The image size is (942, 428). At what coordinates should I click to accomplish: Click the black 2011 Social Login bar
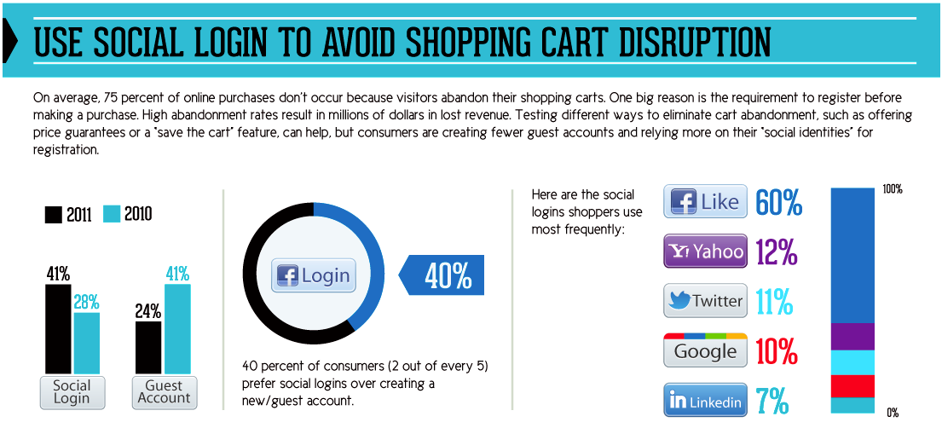[x=58, y=329]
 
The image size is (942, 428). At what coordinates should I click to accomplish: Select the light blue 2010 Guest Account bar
[x=177, y=329]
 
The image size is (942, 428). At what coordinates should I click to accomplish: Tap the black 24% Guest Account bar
[x=148, y=348]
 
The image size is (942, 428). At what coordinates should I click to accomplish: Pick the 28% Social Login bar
[x=86, y=344]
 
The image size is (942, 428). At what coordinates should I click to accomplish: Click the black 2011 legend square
[x=54, y=215]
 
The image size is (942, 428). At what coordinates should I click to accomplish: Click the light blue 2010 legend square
[x=112, y=215]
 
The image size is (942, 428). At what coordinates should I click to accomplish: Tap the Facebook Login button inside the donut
[x=313, y=276]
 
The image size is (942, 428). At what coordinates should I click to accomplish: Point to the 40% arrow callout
[x=442, y=275]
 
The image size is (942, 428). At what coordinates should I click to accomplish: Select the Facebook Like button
[x=705, y=201]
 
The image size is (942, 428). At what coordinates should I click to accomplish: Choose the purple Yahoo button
[x=705, y=251]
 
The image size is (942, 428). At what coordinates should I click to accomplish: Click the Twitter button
[x=705, y=301]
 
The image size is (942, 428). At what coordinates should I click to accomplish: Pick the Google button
[x=705, y=350]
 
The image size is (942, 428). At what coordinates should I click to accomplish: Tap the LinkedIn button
[x=705, y=400]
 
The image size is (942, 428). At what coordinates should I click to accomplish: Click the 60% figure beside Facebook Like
[x=778, y=202]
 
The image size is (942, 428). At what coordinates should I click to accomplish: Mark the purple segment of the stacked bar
[x=852, y=337]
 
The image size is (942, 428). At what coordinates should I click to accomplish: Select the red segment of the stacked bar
[x=852, y=386]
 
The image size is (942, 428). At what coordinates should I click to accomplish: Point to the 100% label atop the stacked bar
[x=893, y=190]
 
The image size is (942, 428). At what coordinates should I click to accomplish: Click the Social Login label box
[x=72, y=392]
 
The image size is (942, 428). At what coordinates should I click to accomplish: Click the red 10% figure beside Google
[x=777, y=351]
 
